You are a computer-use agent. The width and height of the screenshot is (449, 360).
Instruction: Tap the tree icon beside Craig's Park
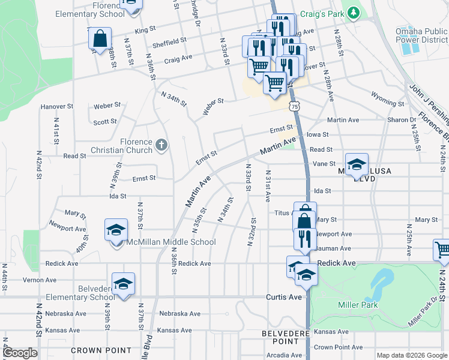[354, 11]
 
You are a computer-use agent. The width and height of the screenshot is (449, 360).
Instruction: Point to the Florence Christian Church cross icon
[160, 145]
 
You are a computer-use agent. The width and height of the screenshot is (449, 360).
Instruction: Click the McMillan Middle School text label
[171, 242]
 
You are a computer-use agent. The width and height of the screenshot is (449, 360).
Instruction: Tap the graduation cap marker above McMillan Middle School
[116, 230]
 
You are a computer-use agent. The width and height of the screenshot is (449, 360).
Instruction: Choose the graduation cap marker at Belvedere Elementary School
[123, 284]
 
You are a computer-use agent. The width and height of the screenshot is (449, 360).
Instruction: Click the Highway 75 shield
[294, 106]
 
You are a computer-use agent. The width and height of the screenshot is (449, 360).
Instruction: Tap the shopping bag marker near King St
[100, 38]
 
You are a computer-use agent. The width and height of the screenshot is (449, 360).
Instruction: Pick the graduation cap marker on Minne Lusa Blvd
[357, 164]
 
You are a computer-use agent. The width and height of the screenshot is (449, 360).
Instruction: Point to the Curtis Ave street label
[284, 297]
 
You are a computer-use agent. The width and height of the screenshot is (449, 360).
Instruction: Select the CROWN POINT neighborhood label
[101, 350]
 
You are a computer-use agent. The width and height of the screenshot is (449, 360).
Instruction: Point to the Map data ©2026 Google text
[411, 355]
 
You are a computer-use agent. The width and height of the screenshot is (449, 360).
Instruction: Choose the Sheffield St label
[170, 42]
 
